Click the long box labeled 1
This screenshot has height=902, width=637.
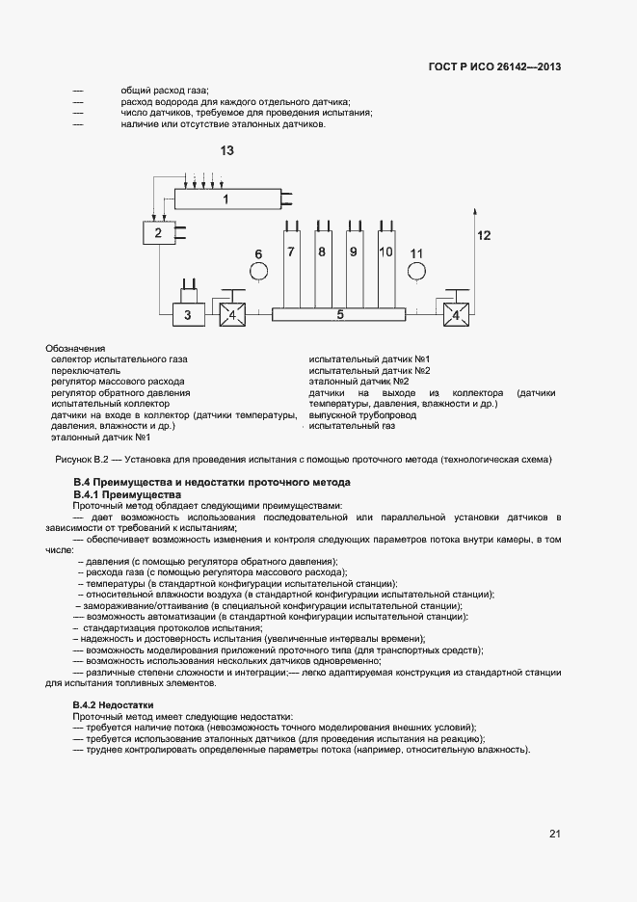(226, 199)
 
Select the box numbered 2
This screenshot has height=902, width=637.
(157, 233)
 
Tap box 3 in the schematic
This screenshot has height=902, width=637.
(188, 314)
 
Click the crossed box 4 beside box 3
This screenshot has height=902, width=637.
(231, 314)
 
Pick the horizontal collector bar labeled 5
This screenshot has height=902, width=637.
(340, 314)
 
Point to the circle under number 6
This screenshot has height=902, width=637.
(258, 273)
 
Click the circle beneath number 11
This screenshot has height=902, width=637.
(416, 273)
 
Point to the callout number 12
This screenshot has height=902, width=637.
(484, 235)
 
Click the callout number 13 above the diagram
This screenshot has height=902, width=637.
(227, 151)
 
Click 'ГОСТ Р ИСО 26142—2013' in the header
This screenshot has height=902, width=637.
(494, 67)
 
